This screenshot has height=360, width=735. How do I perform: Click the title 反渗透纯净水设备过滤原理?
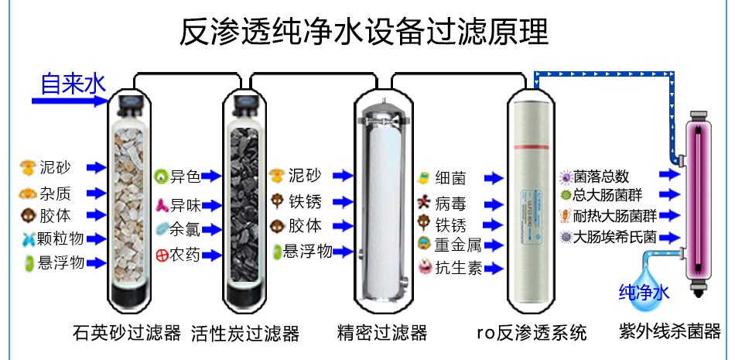coord(364,33)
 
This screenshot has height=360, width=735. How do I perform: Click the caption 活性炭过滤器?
coord(245,333)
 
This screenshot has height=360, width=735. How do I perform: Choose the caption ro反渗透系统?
coord(532,333)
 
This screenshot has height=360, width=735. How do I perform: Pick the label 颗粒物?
coord(62,238)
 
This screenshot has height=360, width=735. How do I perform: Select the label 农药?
coord(186,254)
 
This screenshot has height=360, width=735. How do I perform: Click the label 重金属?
coord(458,245)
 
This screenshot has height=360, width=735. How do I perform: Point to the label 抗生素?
coord(458,268)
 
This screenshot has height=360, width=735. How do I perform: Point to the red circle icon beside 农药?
coord(162,254)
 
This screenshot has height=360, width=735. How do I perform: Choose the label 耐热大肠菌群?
coord(616,215)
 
